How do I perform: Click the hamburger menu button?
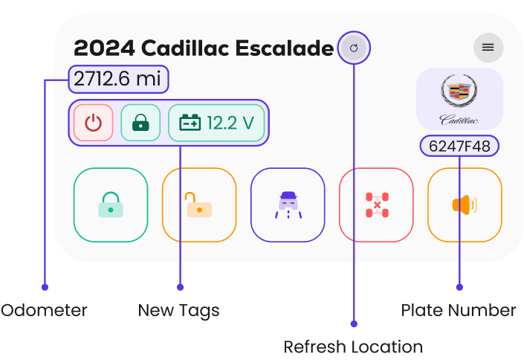click(x=488, y=48)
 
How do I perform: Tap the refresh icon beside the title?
click(x=354, y=48)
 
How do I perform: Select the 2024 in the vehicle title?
click(x=104, y=48)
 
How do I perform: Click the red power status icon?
click(x=93, y=123)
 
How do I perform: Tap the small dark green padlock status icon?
click(x=140, y=123)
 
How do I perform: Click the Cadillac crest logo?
click(x=460, y=93)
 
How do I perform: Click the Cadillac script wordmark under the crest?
click(x=459, y=119)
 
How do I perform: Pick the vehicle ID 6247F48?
click(x=459, y=147)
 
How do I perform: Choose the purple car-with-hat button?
click(x=288, y=205)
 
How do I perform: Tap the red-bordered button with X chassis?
click(x=376, y=205)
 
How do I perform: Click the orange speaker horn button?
click(x=465, y=205)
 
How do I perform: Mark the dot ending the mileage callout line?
click(x=45, y=287)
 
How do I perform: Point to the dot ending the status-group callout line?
click(x=180, y=287)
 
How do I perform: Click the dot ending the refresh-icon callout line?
click(x=354, y=324)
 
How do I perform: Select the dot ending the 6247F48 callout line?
click(x=459, y=287)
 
